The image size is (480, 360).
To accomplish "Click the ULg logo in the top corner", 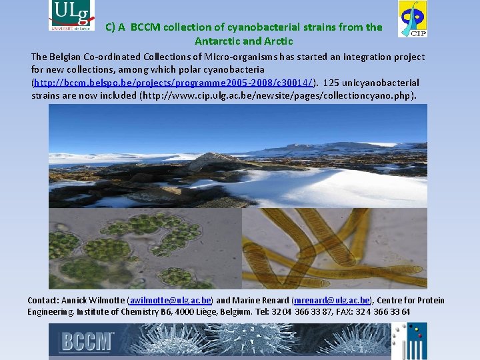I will (x=71, y=15).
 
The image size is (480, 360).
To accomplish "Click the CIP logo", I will (x=413, y=19).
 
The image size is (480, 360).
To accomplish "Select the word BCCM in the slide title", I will (x=145, y=27).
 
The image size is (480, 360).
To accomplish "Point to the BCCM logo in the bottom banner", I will (x=87, y=341).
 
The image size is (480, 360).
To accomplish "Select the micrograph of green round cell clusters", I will (x=144, y=248).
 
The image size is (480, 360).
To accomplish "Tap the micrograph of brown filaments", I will (x=333, y=248).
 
